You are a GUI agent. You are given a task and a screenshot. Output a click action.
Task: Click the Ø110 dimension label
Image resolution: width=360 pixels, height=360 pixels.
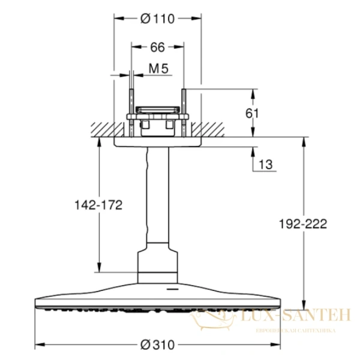(x=157, y=19)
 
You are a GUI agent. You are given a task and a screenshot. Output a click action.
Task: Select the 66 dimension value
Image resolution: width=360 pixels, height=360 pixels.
(x=157, y=47)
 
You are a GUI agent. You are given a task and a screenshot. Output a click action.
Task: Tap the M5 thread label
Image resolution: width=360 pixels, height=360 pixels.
(x=158, y=68)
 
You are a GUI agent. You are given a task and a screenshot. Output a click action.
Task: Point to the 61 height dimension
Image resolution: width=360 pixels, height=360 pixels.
(x=252, y=113)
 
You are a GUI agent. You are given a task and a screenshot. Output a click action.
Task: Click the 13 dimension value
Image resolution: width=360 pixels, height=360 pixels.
(x=266, y=164)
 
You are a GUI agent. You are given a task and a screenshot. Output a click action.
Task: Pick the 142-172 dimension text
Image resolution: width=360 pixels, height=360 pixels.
(x=98, y=205)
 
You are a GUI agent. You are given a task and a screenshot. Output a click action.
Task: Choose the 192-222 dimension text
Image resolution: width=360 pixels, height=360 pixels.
(x=303, y=224)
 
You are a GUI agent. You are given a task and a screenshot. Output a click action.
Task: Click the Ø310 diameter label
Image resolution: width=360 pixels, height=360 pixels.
(x=157, y=345)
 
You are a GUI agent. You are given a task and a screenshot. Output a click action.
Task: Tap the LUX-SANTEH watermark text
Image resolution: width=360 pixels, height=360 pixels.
(x=296, y=315)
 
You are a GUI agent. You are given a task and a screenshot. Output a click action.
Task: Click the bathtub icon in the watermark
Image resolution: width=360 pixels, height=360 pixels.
(x=213, y=319)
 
